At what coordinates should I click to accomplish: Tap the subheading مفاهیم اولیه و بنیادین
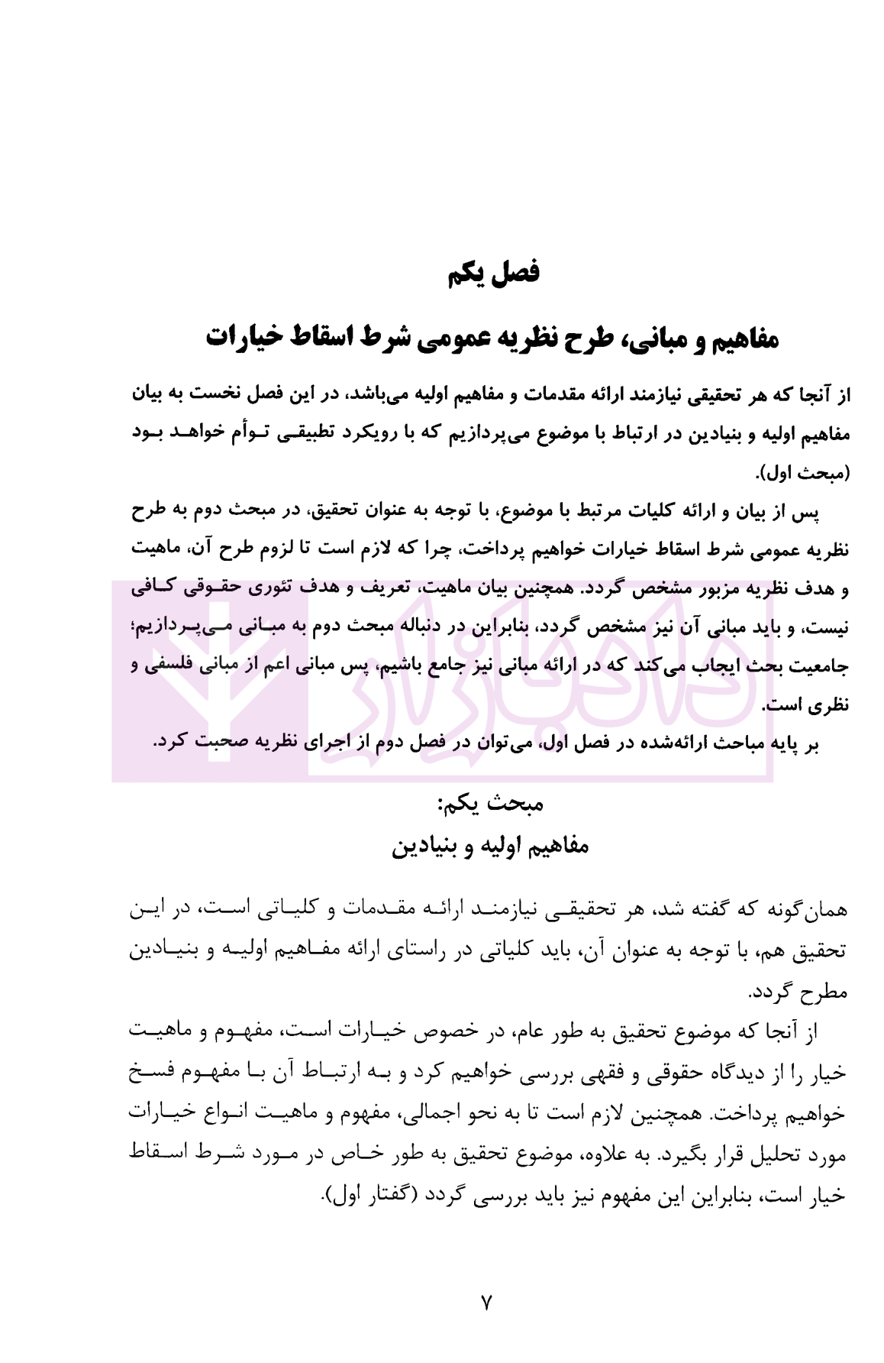click(491, 846)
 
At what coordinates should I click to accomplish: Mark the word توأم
click(248, 433)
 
